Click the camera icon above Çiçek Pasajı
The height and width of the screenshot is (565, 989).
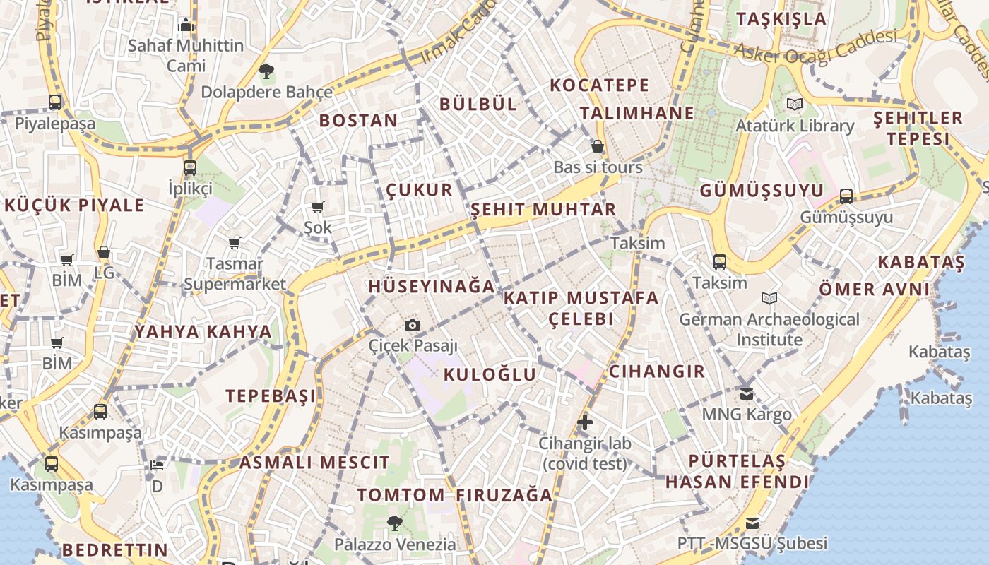[413, 325]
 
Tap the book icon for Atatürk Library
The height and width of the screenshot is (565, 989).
[795, 105]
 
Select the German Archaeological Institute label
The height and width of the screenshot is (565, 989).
[769, 329]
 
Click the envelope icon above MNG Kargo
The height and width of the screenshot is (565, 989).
[747, 393]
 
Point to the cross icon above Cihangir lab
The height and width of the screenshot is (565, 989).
[584, 422]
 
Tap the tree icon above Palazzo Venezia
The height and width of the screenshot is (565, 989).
[394, 523]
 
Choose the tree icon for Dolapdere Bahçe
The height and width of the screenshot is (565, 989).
[266, 71]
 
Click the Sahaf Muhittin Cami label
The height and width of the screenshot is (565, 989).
[185, 55]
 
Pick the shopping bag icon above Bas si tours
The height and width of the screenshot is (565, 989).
[598, 147]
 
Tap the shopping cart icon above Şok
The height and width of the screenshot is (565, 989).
[317, 207]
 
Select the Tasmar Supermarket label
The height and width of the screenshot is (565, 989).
[235, 274]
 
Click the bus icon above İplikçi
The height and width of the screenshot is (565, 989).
[189, 168]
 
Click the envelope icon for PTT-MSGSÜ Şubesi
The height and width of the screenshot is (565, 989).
[752, 523]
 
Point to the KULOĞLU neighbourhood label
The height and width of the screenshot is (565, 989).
[490, 374]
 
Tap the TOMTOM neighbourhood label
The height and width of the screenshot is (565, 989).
[401, 495]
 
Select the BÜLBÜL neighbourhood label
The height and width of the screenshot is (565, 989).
[478, 105]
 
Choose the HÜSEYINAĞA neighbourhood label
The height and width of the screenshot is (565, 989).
[432, 287]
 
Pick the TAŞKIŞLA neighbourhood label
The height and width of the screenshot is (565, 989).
[781, 19]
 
